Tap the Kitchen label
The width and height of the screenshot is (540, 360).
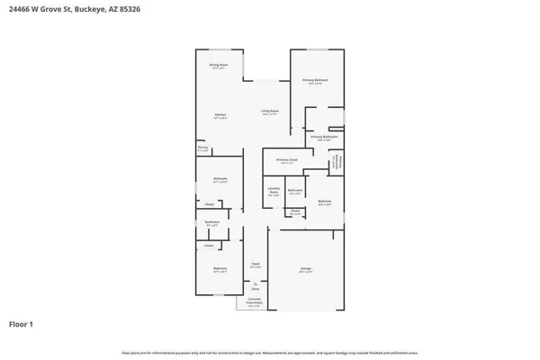coord(219,114)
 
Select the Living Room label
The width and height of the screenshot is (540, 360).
coord(269,112)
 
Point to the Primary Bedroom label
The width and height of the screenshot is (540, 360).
coord(315,80)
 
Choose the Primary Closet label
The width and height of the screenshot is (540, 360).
coord(287,161)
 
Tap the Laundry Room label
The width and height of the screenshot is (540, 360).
coord(274,190)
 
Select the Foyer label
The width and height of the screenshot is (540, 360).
coord(256,265)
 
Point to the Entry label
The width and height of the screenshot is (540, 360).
coord(256,289)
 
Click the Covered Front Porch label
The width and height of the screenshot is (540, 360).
coord(255,303)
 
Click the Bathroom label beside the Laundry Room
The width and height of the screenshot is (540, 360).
coord(295,190)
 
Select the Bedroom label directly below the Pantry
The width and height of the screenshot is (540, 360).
coord(220,179)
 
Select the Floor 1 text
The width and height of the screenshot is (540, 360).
coord(22,323)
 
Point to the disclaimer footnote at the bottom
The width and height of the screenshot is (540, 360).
coord(269,352)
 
